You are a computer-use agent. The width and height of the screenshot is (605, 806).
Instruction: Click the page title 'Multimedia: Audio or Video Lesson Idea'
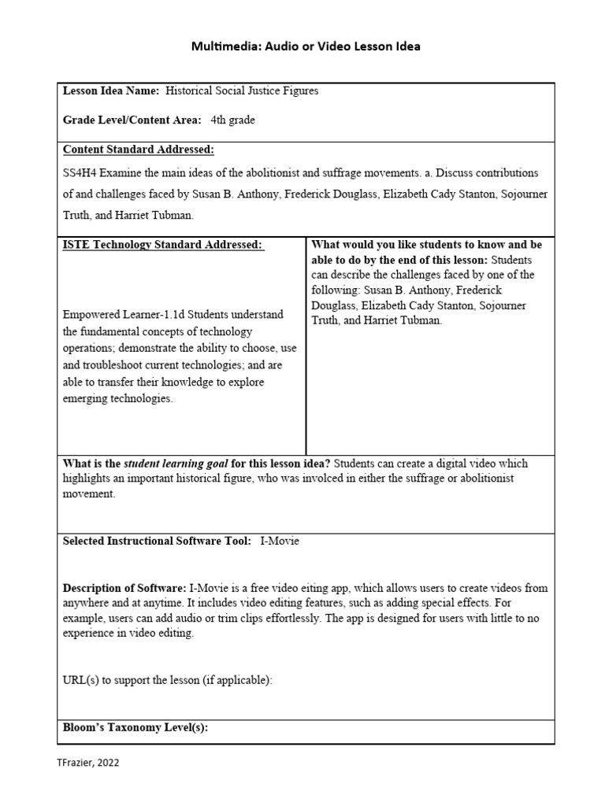click(x=306, y=46)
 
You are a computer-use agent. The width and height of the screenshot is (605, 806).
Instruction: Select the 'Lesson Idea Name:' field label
click(x=111, y=91)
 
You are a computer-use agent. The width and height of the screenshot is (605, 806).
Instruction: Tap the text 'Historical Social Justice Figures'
click(x=242, y=91)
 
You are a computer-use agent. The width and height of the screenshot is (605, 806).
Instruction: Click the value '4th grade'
click(x=232, y=120)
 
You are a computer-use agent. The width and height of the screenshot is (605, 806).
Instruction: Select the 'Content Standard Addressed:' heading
click(x=139, y=150)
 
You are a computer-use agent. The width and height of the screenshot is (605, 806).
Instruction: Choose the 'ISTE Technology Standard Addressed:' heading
click(x=163, y=245)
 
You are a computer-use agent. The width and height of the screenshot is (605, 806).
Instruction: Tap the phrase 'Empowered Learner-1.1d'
click(x=122, y=315)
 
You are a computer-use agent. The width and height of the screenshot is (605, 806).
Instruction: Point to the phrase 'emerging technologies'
click(x=117, y=399)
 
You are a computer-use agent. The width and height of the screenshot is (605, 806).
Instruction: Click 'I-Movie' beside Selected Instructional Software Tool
click(x=280, y=542)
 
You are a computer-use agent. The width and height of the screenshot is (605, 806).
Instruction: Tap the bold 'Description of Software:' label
click(x=124, y=588)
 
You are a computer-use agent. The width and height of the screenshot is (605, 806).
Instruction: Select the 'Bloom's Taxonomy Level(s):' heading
click(x=135, y=728)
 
